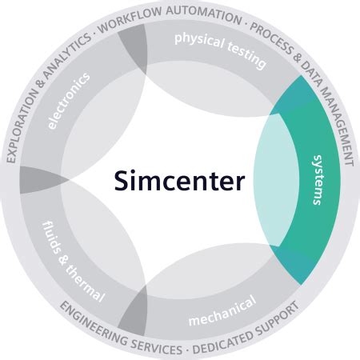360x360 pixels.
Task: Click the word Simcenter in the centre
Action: tap(178, 179)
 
